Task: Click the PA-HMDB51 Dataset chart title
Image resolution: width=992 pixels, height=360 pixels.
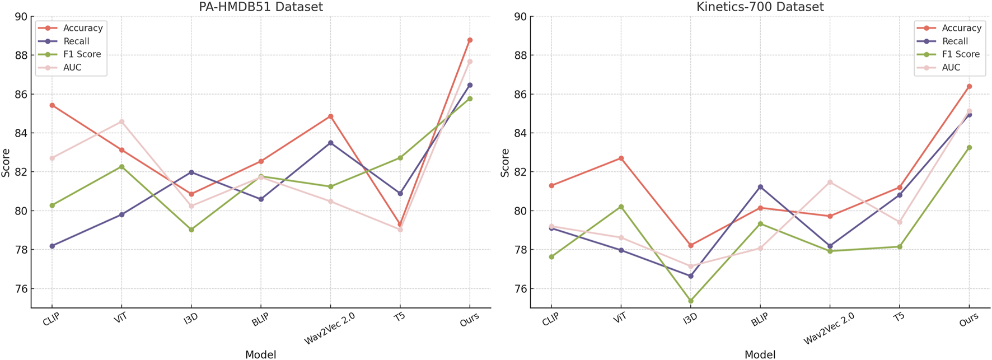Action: [x=261, y=7]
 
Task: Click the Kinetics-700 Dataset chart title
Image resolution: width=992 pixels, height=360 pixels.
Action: [x=760, y=7]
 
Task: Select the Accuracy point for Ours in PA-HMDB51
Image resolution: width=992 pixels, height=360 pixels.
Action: [x=470, y=40]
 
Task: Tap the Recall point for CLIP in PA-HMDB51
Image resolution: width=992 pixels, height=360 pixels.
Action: [x=52, y=246]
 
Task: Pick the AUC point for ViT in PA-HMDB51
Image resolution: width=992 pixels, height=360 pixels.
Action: [x=121, y=121]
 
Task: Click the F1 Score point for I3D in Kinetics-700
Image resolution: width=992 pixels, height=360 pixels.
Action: [x=690, y=301]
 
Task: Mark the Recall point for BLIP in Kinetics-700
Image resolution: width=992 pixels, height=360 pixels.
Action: [x=760, y=187]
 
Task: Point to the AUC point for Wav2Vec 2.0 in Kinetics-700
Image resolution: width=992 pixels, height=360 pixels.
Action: [x=830, y=182]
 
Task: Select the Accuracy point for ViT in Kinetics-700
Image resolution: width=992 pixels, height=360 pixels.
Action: [x=621, y=158]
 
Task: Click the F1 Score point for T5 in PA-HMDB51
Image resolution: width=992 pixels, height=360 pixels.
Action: [x=400, y=158]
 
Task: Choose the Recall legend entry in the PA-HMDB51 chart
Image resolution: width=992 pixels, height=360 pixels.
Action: [x=76, y=41]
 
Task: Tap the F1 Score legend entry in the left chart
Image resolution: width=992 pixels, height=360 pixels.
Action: [x=82, y=54]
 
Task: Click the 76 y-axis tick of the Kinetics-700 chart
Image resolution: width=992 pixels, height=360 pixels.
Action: [x=520, y=289]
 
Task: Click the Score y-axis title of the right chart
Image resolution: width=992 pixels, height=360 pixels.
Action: [x=505, y=162]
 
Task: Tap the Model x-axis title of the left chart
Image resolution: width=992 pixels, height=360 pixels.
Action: [x=260, y=354]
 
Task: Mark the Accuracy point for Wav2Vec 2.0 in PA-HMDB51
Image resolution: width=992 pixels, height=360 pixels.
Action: [x=330, y=116]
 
